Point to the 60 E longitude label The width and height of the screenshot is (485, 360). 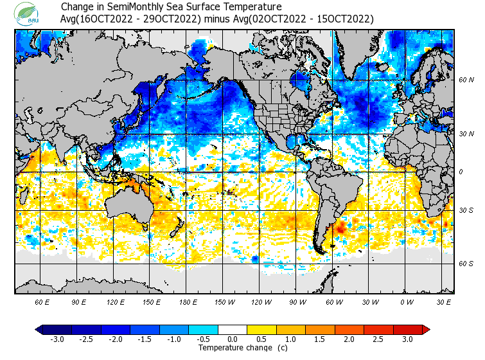coord(42,301)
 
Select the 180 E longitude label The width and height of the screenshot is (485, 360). coord(188,301)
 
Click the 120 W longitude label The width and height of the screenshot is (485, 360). coord(260,301)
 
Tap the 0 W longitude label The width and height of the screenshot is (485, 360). coord(406,301)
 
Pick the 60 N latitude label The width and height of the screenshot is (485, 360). coord(466,80)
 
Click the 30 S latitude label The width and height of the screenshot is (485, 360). coord(466,210)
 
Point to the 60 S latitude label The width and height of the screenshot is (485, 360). coord(466,264)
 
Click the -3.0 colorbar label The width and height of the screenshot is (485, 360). coord(57,339)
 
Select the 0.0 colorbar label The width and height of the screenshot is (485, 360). coord(233,339)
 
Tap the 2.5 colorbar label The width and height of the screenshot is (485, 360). coord(378,339)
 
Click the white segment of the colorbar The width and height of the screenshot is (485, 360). coord(233,330)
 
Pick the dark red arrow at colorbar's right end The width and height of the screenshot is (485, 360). coord(425,330)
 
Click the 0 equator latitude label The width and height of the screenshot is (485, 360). coord(460,172)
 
